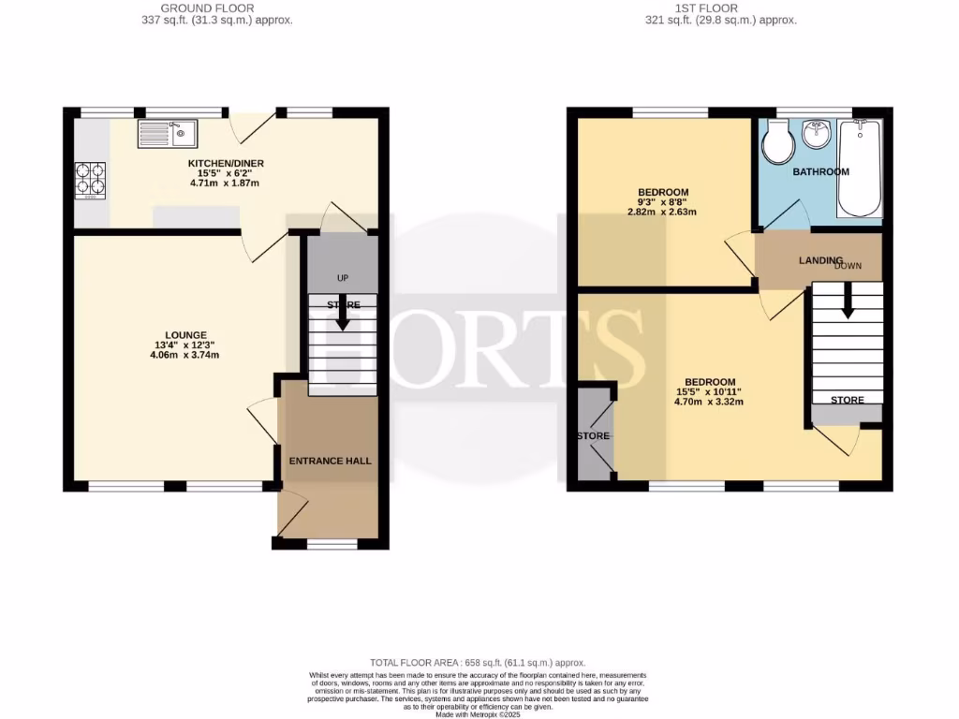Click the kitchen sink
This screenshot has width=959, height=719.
tap(167, 135)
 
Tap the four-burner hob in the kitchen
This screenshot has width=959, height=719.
tap(89, 181)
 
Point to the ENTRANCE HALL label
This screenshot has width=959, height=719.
tap(330, 461)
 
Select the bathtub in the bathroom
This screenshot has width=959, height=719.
tap(859, 167)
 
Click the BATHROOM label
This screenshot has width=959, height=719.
tap(820, 172)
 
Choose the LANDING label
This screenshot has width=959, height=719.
tap(820, 260)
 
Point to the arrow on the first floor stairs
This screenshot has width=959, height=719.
tap(847, 302)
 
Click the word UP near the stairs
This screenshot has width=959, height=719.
tap(342, 278)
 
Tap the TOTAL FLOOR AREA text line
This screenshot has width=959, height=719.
tap(479, 663)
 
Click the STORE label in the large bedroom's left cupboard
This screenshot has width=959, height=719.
tap(594, 436)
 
